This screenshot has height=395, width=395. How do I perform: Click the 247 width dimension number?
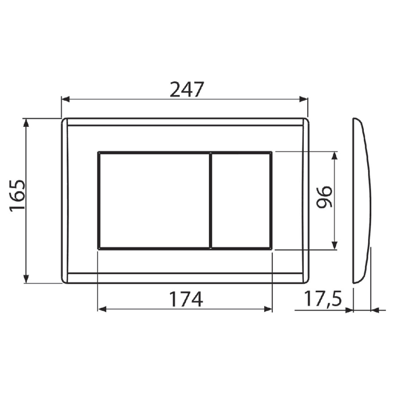pyautogui.click(x=187, y=90)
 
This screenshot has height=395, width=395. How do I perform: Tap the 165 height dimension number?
pyautogui.click(x=18, y=195)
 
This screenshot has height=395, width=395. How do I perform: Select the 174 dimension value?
pyautogui.click(x=186, y=299)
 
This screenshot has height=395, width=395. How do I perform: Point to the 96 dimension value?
pyautogui.click(x=324, y=197)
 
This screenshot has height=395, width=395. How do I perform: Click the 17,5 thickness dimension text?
pyautogui.click(x=323, y=298)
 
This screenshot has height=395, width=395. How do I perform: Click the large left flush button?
pyautogui.click(x=154, y=201)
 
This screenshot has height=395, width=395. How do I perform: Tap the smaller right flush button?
pyautogui.click(x=241, y=201)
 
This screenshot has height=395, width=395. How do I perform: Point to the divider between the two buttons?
pyautogui.click(x=210, y=201)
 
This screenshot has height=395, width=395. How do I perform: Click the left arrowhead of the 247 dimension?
pyautogui.click(x=65, y=99)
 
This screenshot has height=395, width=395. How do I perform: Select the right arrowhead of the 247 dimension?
pyautogui.click(x=304, y=99)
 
